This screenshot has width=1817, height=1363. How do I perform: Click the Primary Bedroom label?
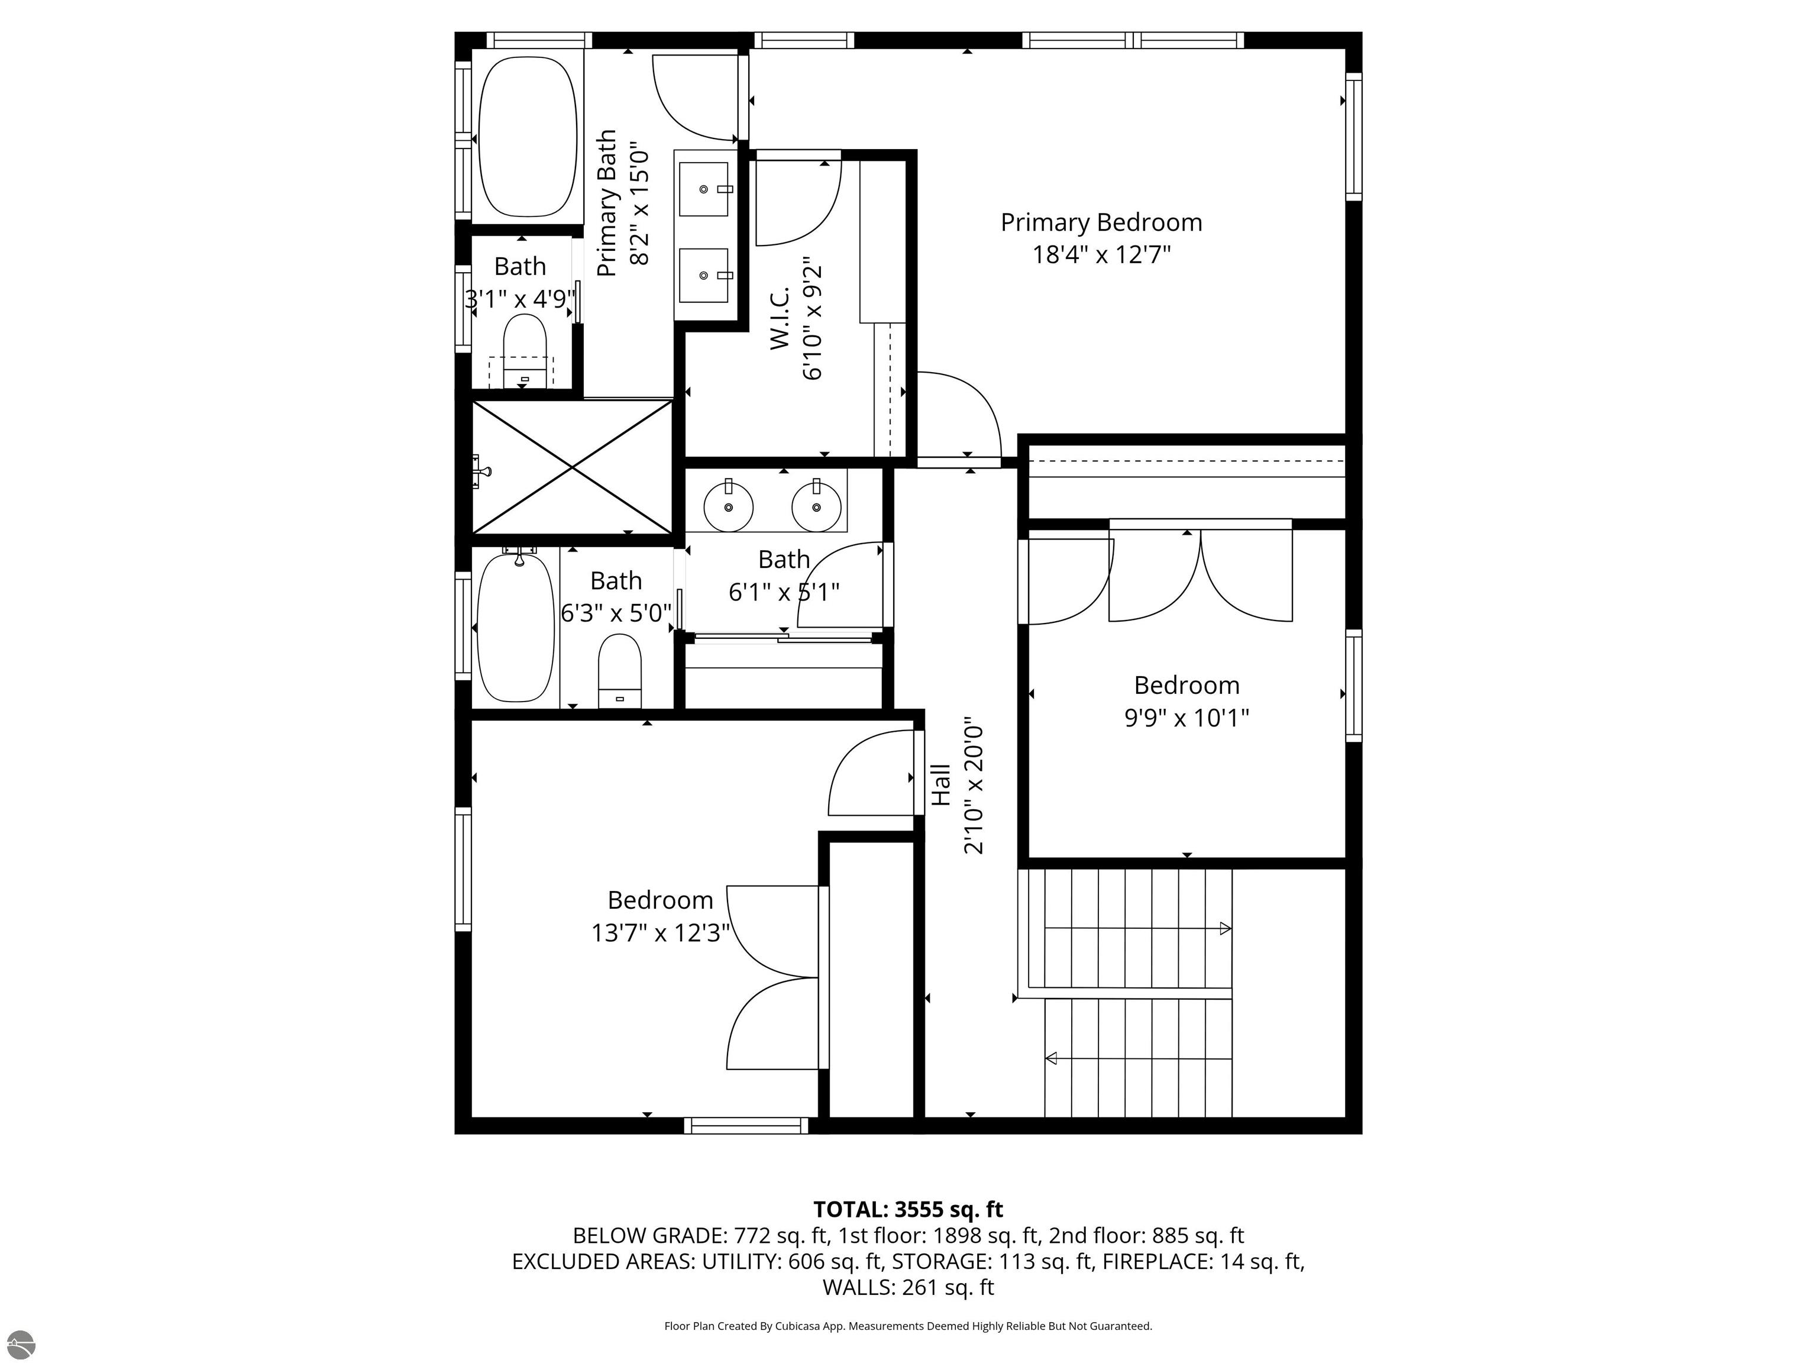1101,222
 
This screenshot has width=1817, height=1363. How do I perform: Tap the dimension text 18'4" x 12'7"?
1101,255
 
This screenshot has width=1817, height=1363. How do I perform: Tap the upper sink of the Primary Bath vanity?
703,189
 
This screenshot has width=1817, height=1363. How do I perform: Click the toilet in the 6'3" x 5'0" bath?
619,670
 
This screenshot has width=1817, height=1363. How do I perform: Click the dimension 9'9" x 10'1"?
1186,718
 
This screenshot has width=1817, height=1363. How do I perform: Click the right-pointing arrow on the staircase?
1225,928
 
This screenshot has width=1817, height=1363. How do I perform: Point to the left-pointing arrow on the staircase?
1050,1058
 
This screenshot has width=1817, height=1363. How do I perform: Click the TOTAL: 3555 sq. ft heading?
908,1209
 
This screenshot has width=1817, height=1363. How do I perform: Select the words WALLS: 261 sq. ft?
908,1287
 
